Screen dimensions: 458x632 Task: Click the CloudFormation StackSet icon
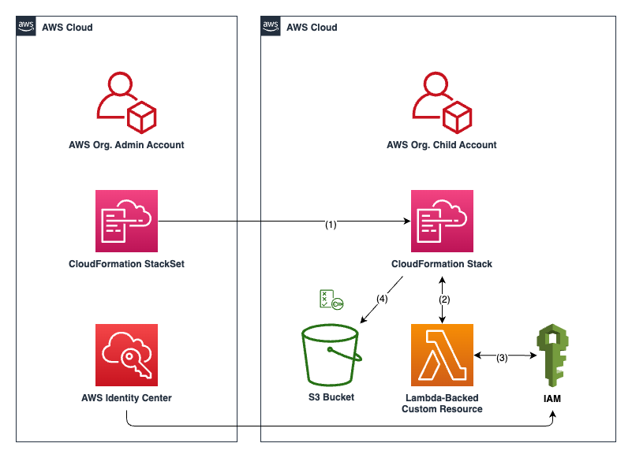pos(126,221)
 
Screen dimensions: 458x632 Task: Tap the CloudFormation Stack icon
pos(442,221)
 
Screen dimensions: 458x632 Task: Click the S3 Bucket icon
pos(331,357)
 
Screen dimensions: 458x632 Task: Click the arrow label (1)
pos(331,225)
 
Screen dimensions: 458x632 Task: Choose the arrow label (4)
pos(381,299)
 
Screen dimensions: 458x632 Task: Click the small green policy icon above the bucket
pos(330,300)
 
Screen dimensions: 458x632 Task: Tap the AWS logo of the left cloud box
pos(26,27)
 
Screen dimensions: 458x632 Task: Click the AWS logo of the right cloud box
pos(271,27)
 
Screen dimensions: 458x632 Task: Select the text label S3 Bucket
pos(331,397)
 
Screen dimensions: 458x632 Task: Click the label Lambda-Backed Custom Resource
pos(442,403)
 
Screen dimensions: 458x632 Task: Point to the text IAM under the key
pos(552,399)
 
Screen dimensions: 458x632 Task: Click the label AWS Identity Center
pos(126,398)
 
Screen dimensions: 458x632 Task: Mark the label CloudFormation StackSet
pos(126,264)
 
